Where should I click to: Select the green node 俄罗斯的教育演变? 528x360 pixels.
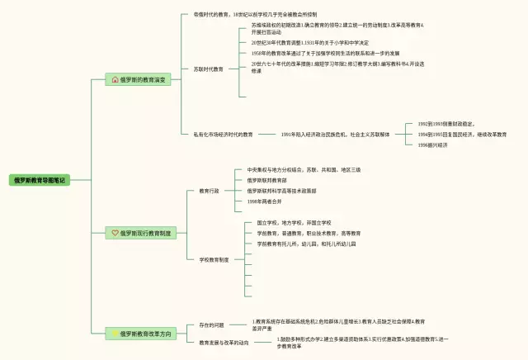pos(143,80)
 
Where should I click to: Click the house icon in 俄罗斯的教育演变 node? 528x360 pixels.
pos(115,80)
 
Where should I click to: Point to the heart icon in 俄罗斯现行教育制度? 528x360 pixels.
pos(115,234)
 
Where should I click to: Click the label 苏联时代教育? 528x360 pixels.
pos(208,69)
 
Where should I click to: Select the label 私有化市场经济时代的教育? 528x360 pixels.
pos(223,134)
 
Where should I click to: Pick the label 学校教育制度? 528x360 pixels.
pos(214,259)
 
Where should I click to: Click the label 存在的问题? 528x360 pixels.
pos(211,325)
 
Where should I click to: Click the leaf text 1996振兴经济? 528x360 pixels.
pos(432,144)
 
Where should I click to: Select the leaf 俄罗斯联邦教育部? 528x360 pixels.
pos(266,180)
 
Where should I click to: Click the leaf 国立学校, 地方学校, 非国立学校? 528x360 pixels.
pos(293,223)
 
